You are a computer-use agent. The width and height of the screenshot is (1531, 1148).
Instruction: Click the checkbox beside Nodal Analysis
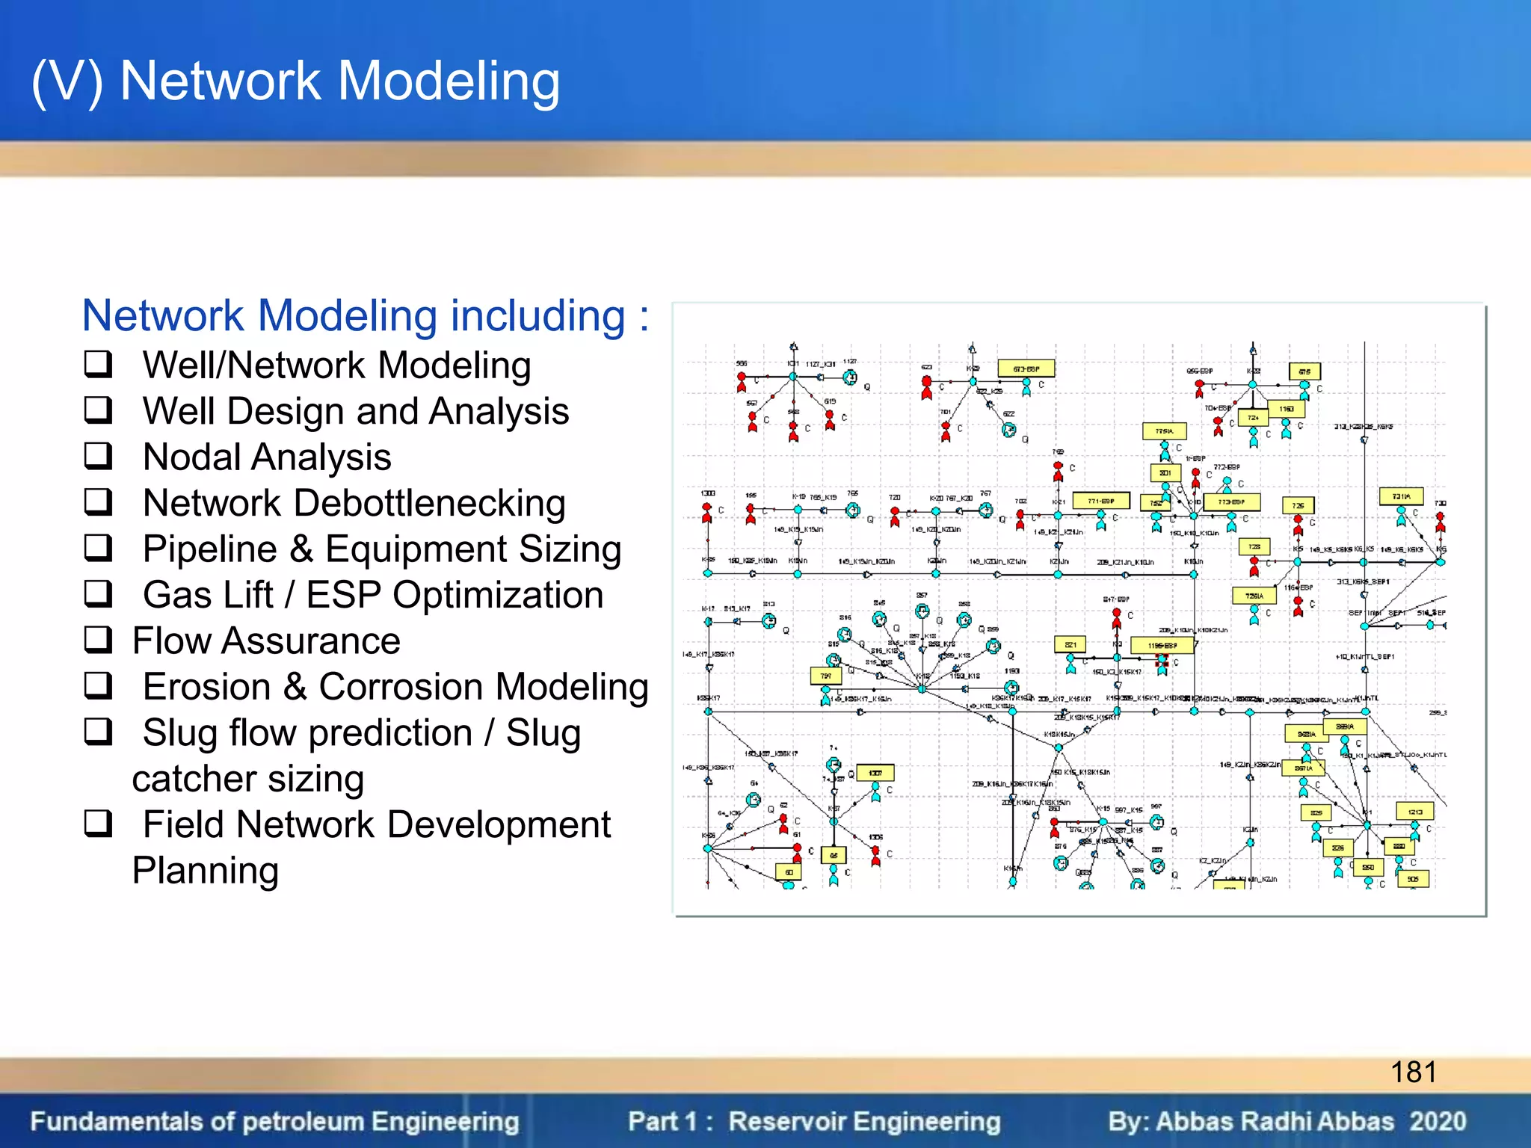pos(98,457)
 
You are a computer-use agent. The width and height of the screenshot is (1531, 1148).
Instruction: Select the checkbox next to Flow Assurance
pos(98,641)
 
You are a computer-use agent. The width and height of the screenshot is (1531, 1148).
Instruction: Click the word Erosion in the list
pos(206,687)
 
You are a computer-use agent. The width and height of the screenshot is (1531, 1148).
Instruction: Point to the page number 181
pos(1413,1072)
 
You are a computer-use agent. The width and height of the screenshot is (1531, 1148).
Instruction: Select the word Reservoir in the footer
pos(788,1121)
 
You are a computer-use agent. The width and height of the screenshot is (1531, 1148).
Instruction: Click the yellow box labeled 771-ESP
pos(1100,501)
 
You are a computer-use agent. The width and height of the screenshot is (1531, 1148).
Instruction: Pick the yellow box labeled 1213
pos(1414,812)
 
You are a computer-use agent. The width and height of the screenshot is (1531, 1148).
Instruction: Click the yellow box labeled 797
pos(826,676)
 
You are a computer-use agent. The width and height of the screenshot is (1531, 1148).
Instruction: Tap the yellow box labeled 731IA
pos(1401,496)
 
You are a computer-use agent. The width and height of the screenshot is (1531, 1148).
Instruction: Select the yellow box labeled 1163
pos(1286,409)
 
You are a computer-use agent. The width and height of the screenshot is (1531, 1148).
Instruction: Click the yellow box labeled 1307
pos(875,773)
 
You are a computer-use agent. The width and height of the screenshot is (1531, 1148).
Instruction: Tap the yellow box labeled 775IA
pos(1164,431)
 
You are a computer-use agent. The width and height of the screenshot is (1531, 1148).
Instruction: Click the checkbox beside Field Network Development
pos(98,824)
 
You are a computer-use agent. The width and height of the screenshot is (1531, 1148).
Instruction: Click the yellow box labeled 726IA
pos(1254,596)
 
